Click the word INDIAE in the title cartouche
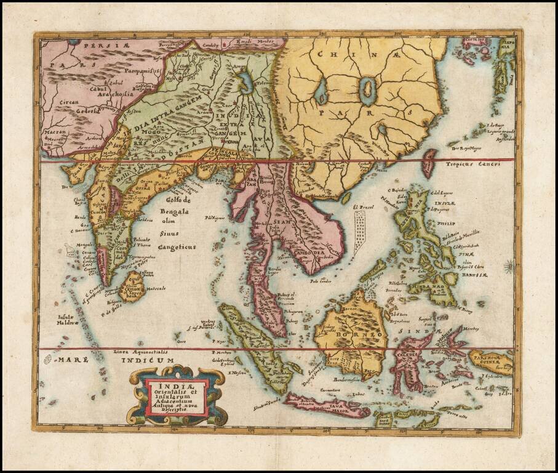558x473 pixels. tap(176, 387)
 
